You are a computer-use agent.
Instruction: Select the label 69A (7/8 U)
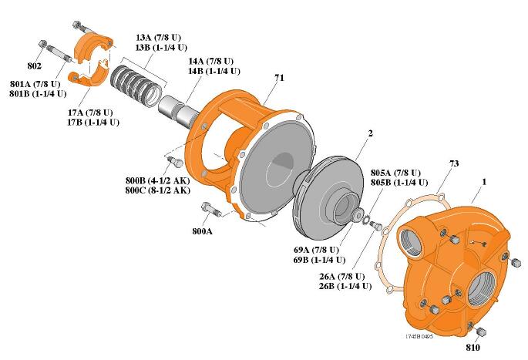[x=314, y=251]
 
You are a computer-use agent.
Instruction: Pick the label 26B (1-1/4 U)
[x=346, y=286]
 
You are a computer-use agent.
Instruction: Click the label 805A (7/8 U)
[x=396, y=173]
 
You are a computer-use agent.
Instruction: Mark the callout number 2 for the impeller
[x=370, y=133]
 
